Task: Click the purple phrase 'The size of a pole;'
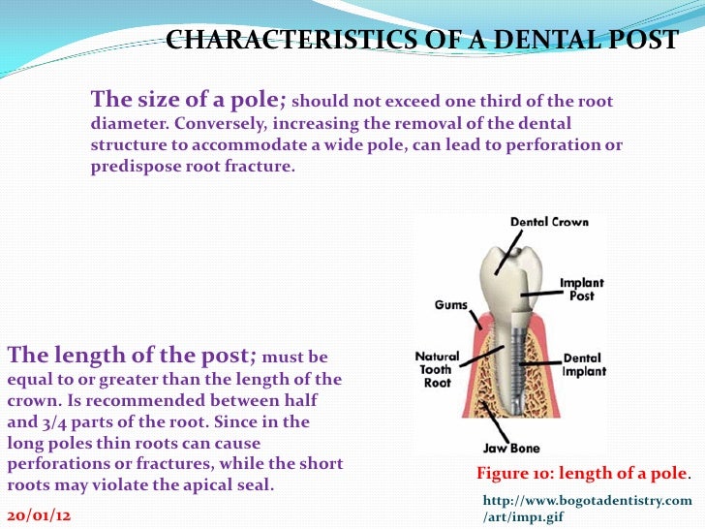click(x=188, y=100)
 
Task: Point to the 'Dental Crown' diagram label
click(x=549, y=221)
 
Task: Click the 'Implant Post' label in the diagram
click(x=581, y=290)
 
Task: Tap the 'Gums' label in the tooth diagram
click(x=450, y=304)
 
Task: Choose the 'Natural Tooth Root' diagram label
click(x=436, y=369)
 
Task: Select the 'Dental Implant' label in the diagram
click(x=583, y=363)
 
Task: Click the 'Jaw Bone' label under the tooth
click(x=511, y=449)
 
